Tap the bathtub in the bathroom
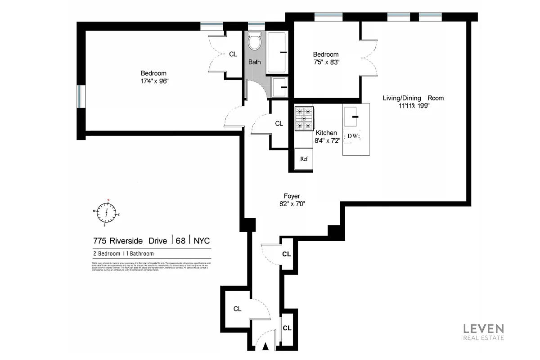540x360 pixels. pyautogui.click(x=277, y=52)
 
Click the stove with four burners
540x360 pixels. pyautogui.click(x=304, y=118)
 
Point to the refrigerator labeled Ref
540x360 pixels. pyautogui.click(x=304, y=159)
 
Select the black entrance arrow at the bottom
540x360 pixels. pyautogui.click(x=265, y=346)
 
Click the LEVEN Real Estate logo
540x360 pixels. pyautogui.click(x=484, y=332)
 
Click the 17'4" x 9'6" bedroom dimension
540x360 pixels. pyautogui.click(x=153, y=81)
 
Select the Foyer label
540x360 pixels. pyautogui.click(x=292, y=196)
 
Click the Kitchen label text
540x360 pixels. pyautogui.click(x=326, y=133)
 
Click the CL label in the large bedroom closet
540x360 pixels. pyautogui.click(x=233, y=54)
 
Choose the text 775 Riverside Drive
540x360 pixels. pyautogui.click(x=130, y=241)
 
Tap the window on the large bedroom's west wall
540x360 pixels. pyautogui.click(x=81, y=96)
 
